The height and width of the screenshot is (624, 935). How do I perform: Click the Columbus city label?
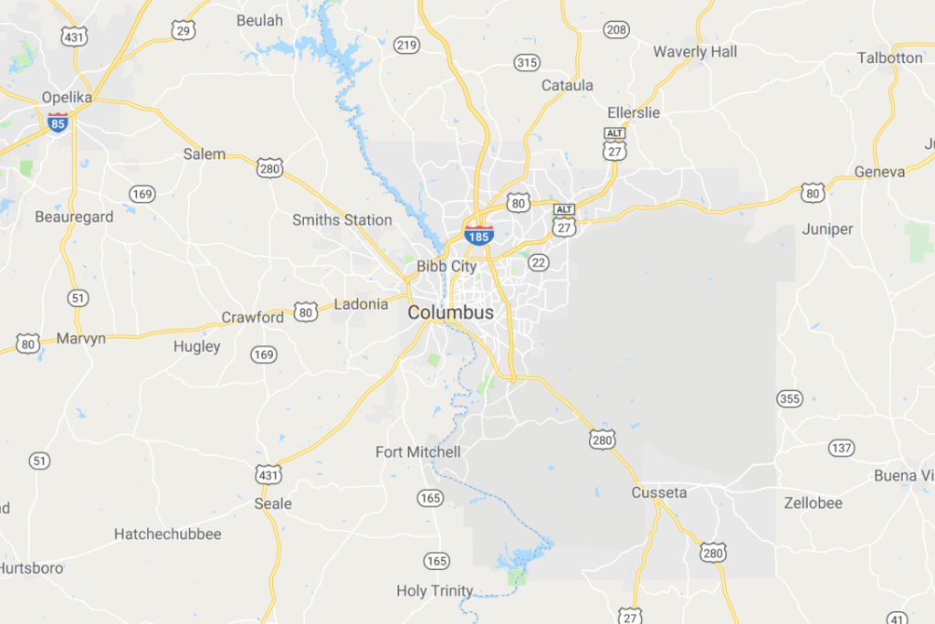450,312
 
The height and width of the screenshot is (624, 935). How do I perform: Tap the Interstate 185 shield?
478,235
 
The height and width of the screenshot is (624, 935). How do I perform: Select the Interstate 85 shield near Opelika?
58,122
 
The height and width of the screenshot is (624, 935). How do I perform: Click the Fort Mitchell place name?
418,452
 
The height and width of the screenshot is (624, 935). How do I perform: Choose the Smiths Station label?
342,220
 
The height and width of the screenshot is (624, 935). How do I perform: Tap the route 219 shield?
406,46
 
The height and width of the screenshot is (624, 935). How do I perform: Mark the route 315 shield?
527,62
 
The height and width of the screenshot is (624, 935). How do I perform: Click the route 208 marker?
616,30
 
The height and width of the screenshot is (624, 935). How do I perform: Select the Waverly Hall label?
695,52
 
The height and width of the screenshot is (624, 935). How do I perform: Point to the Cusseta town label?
658,493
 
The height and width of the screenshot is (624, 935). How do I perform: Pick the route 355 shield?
789,398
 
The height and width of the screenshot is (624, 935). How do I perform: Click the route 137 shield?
841,448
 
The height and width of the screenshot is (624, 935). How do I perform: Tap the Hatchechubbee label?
168,534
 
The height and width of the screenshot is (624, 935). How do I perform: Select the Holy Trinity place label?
436,591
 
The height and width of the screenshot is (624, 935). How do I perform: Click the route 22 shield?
539,263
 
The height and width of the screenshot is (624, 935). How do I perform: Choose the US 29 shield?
184,30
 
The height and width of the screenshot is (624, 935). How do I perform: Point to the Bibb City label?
446,267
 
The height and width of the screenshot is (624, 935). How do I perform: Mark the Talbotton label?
890,58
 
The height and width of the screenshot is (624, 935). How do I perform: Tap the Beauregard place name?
74,217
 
